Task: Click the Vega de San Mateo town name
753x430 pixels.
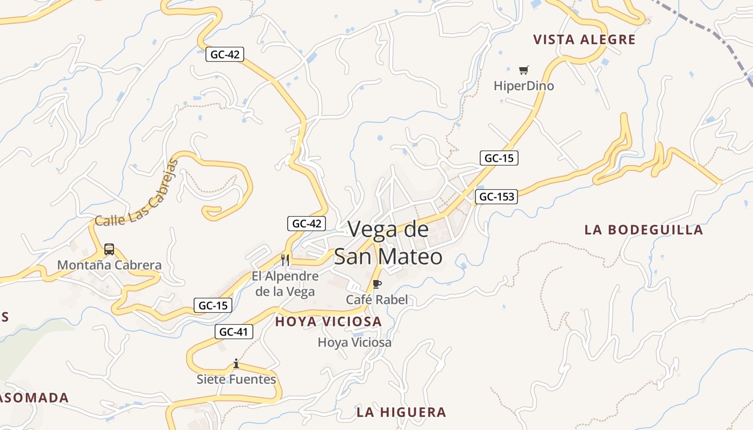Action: click(x=388, y=243)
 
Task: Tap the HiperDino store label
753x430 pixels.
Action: click(x=523, y=86)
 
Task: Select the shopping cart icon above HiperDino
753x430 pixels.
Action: click(x=524, y=70)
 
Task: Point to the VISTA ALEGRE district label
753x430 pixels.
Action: click(x=584, y=40)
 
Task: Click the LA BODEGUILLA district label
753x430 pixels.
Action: click(x=643, y=230)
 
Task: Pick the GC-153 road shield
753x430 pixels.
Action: click(x=496, y=197)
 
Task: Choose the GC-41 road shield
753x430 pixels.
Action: click(x=234, y=332)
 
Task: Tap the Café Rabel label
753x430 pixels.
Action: click(x=376, y=299)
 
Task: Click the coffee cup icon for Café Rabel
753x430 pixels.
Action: click(x=376, y=284)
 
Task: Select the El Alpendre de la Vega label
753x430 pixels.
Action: click(x=285, y=284)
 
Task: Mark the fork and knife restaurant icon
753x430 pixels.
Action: click(x=285, y=260)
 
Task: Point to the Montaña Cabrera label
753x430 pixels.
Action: click(x=109, y=265)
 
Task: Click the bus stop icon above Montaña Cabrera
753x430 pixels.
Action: click(x=109, y=249)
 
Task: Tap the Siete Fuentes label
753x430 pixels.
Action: click(x=236, y=379)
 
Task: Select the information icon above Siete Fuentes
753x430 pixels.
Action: click(x=236, y=364)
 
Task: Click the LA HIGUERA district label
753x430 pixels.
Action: click(x=401, y=412)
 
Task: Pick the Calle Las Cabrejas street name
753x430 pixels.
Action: click(x=137, y=194)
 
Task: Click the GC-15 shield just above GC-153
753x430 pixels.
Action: click(x=499, y=158)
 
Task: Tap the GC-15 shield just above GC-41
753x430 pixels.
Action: click(x=213, y=306)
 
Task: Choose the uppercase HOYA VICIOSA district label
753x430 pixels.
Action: click(x=328, y=322)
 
